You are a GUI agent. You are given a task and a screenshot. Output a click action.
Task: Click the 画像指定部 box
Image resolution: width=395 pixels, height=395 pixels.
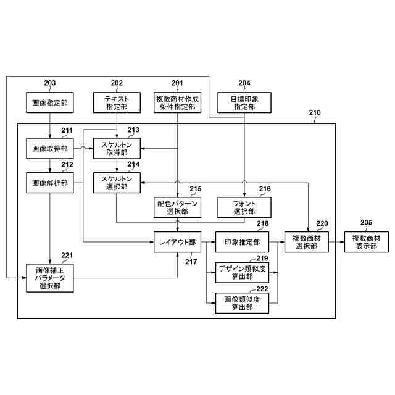(50, 102)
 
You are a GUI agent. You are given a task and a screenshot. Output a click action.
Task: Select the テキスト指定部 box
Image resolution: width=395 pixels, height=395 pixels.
(117, 102)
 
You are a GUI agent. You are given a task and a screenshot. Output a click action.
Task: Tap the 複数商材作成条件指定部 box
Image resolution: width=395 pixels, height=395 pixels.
(178, 102)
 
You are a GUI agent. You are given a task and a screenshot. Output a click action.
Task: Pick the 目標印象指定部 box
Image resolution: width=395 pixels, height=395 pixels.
(244, 102)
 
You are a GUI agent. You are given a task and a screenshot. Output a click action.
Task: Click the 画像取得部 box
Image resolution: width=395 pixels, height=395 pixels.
(50, 148)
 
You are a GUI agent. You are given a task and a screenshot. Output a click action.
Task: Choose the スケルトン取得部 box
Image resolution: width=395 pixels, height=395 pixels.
(117, 148)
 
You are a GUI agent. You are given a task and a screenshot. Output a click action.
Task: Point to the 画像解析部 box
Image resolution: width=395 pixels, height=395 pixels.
(50, 182)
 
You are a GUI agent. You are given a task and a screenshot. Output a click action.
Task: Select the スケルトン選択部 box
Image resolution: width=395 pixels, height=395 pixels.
(117, 182)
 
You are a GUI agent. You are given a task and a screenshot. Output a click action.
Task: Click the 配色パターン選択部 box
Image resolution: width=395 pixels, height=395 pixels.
(178, 207)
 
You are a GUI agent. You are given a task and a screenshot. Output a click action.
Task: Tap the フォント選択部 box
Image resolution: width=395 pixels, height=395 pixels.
(244, 207)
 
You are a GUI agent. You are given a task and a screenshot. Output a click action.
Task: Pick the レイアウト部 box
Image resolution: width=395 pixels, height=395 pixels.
(178, 242)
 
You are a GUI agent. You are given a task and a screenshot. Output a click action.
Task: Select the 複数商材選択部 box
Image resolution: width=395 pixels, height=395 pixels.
(307, 242)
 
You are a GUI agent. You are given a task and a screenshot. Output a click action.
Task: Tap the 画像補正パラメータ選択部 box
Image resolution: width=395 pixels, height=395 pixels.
(50, 277)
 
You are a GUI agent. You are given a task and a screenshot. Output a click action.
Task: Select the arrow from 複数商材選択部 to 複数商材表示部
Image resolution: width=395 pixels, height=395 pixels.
(337, 242)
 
